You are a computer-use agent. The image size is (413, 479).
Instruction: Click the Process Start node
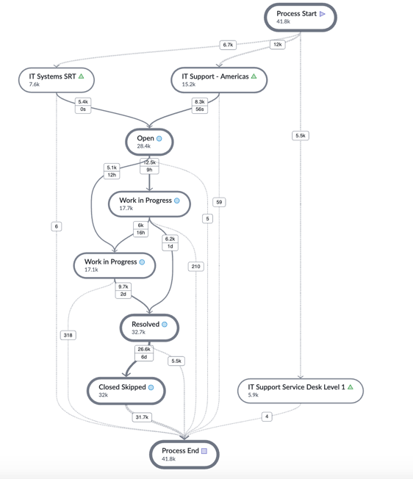click(x=301, y=18)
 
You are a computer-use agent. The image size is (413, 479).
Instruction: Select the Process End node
click(x=184, y=454)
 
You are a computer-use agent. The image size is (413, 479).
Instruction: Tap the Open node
click(x=149, y=142)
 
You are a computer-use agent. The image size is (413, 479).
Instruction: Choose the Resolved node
click(x=149, y=328)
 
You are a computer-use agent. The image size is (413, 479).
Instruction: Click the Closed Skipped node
click(x=126, y=391)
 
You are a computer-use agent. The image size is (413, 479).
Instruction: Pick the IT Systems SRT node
click(x=57, y=80)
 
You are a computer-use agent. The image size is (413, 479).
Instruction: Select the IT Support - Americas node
click(x=219, y=80)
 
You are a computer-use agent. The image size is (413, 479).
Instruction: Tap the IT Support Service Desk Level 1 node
click(x=301, y=391)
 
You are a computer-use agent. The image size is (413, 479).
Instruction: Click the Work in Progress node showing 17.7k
click(x=149, y=204)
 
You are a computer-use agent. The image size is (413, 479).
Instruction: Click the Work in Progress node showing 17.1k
click(x=115, y=265)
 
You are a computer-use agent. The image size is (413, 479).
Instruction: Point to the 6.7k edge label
click(x=228, y=45)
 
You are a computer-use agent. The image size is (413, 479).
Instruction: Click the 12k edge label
click(x=277, y=45)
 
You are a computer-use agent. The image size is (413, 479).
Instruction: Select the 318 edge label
click(x=68, y=335)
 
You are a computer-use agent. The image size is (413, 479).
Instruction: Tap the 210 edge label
click(x=195, y=267)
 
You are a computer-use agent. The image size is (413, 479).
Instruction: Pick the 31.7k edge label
click(x=142, y=417)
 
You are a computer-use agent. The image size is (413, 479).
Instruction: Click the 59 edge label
click(x=219, y=202)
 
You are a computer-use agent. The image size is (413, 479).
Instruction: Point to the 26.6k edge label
click(x=144, y=349)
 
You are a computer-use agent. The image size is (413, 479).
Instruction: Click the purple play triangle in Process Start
click(x=323, y=14)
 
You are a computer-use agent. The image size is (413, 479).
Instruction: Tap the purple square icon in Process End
click(x=204, y=451)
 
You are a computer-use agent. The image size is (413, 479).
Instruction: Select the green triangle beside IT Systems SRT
click(x=81, y=76)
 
